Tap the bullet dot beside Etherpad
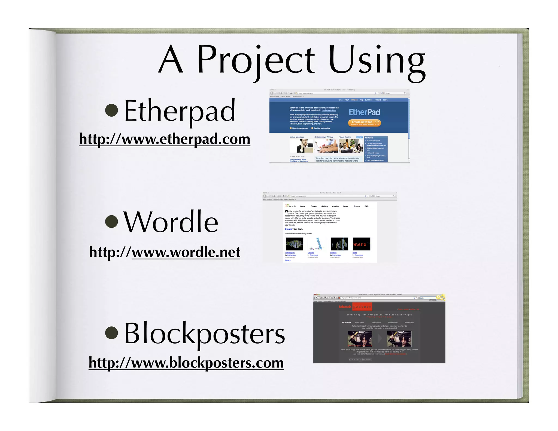[x=111, y=110]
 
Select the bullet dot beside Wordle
[x=111, y=221]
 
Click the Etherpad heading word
[x=180, y=111]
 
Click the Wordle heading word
[x=171, y=222]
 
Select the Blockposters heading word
[x=204, y=333]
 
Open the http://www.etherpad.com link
[x=165, y=139]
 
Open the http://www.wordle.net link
[x=165, y=252]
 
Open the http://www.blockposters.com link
[x=186, y=363]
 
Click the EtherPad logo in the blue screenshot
[x=364, y=112]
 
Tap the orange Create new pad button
[x=364, y=123]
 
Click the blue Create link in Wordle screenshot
[x=288, y=229]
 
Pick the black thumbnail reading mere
[x=362, y=244]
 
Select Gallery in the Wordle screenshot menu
[x=325, y=206]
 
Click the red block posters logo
[x=355, y=307]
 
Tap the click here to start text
[x=360, y=359]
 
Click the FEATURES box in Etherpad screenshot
[x=376, y=149]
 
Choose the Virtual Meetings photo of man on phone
[x=301, y=146]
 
